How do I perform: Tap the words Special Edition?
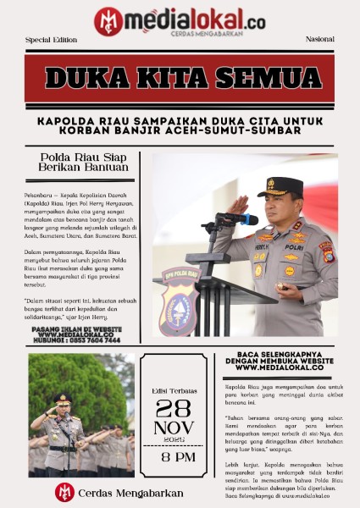[51, 40]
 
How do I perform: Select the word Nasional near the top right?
[320, 40]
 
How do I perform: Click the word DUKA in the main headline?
[91, 78]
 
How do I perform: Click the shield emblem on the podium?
[182, 301]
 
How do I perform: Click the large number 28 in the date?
[174, 407]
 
